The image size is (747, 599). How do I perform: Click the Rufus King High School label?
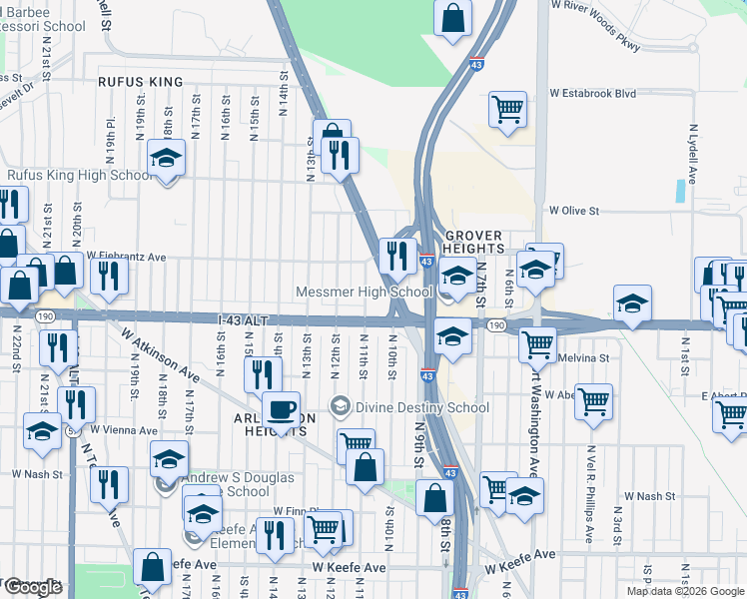click(80, 176)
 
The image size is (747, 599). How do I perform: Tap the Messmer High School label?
click(364, 293)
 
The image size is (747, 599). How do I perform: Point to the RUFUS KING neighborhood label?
click(141, 82)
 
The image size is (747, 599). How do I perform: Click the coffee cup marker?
click(282, 408)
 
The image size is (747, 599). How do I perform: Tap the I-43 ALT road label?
click(244, 319)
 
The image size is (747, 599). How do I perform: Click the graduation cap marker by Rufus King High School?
click(166, 158)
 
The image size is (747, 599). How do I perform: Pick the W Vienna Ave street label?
click(123, 430)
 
